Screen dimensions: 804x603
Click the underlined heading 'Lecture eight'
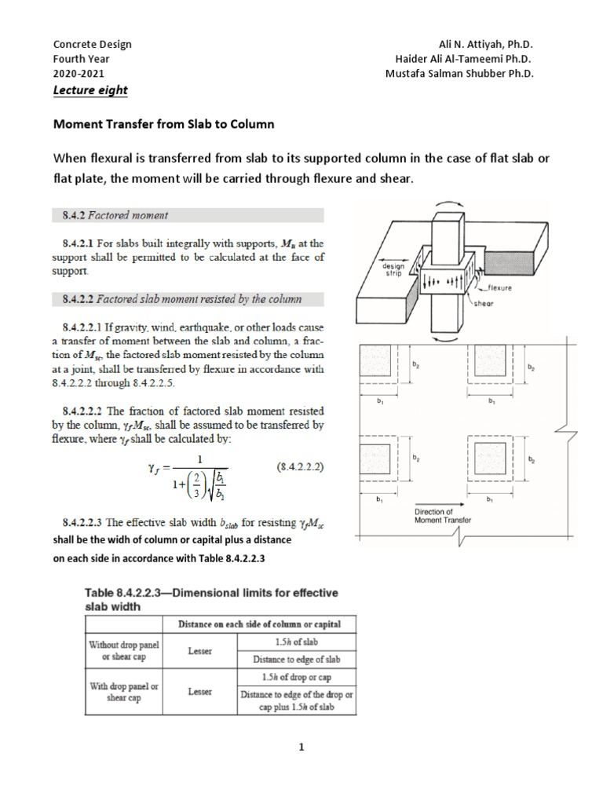coord(90,90)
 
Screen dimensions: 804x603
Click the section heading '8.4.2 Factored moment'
coord(115,214)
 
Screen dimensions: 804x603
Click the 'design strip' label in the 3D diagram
coord(393,269)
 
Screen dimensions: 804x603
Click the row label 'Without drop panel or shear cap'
coord(122,650)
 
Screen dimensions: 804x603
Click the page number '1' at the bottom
coord(300,747)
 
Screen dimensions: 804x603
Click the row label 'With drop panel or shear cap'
coord(122,693)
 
